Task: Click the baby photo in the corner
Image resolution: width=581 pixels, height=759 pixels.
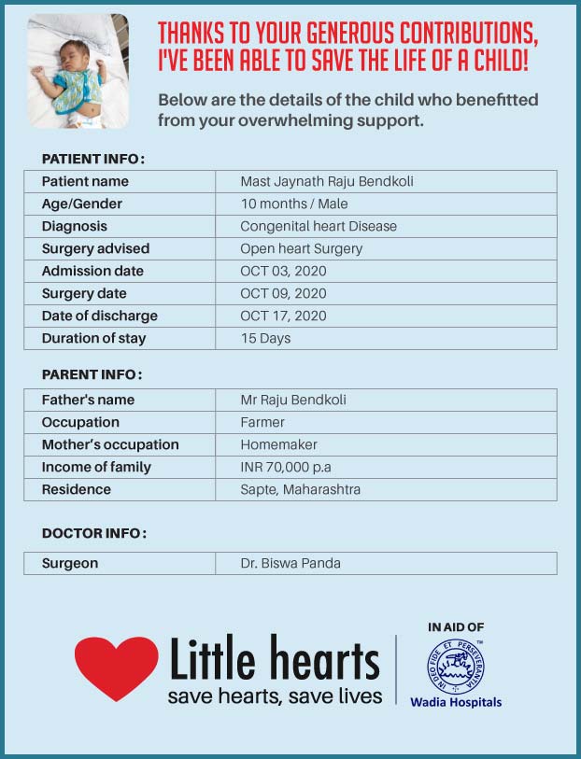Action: [x=78, y=72]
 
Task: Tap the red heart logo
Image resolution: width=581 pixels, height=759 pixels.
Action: [x=116, y=667]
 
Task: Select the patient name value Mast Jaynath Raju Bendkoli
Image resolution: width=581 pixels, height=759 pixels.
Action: [x=326, y=181]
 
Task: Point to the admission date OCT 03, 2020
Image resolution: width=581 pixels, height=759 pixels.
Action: [x=283, y=271]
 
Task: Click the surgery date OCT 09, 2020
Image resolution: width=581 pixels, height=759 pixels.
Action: [x=283, y=293]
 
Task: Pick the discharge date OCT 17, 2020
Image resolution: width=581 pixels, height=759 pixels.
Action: [x=283, y=316]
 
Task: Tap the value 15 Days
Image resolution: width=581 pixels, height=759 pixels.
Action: [x=265, y=338]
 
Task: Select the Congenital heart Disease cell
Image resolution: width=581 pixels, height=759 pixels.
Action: [x=319, y=226]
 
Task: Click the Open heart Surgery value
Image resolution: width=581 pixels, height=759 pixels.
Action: [x=301, y=248]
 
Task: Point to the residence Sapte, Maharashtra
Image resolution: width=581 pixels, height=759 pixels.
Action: [x=300, y=489]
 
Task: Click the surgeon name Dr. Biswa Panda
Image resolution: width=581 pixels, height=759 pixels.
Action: [x=290, y=563]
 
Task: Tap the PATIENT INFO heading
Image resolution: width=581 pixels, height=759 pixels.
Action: [x=93, y=159]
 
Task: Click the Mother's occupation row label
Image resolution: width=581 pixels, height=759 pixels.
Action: [x=110, y=444]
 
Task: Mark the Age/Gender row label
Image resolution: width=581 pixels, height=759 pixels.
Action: [x=82, y=204]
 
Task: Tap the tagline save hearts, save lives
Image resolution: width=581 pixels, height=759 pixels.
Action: [x=275, y=696]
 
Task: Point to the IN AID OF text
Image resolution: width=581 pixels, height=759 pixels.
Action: [x=456, y=627]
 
